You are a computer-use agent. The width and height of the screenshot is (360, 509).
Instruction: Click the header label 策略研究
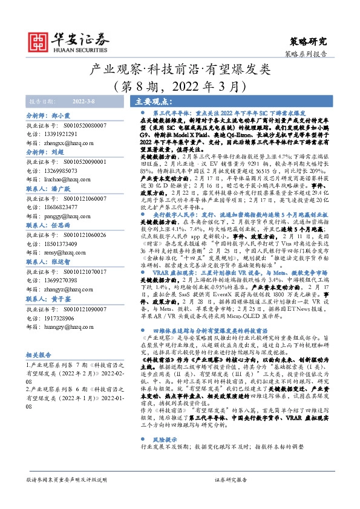[309, 42]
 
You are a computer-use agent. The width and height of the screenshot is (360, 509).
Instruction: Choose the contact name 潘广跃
[59, 189]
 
